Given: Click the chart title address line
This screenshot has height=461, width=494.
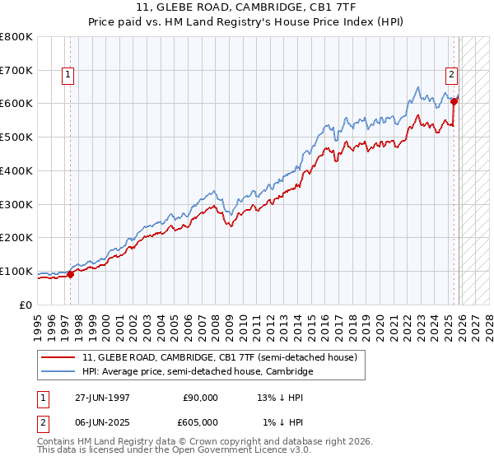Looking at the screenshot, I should click(246, 7).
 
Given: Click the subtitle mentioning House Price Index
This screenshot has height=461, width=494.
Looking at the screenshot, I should click(246, 21).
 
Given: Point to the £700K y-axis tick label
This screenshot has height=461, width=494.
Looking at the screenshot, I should click(16, 71).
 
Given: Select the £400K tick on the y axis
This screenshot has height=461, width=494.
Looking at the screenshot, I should click(16, 171).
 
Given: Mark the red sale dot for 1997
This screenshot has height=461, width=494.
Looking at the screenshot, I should click(71, 275).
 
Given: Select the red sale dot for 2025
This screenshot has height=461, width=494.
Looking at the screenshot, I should click(454, 102).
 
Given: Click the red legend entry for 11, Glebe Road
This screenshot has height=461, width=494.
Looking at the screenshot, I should click(219, 357).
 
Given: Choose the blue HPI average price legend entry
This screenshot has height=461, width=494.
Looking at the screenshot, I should click(198, 372).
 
